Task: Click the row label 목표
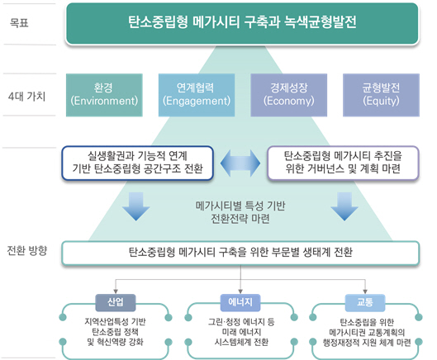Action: pyautogui.click(x=19, y=22)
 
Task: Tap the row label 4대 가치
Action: pyautogui.click(x=26, y=97)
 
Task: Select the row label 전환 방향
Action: pyautogui.click(x=27, y=251)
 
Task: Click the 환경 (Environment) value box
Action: pyautogui.click(x=104, y=95)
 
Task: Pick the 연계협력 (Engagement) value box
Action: pyautogui.click(x=197, y=95)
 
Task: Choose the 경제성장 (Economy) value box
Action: pyautogui.click(x=289, y=95)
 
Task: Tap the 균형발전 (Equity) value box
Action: pyautogui.click(x=381, y=95)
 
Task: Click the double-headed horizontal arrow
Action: pyautogui.click(x=240, y=163)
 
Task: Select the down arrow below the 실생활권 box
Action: pyautogui.click(x=136, y=206)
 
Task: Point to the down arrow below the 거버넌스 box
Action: pyautogui.click(x=344, y=206)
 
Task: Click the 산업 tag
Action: pyautogui.click(x=116, y=302)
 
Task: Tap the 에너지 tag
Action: pyautogui.click(x=240, y=302)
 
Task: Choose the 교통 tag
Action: pyautogui.click(x=365, y=302)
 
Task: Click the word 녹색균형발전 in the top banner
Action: pyautogui.click(x=321, y=22)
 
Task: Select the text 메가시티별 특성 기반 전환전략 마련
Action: pyautogui.click(x=240, y=212)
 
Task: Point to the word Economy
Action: pyautogui.click(x=289, y=101)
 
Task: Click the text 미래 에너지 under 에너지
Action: pyautogui.click(x=241, y=332)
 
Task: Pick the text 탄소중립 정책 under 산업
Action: pyautogui.click(x=115, y=332)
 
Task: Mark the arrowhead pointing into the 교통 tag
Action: pyautogui.click(x=365, y=291)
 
